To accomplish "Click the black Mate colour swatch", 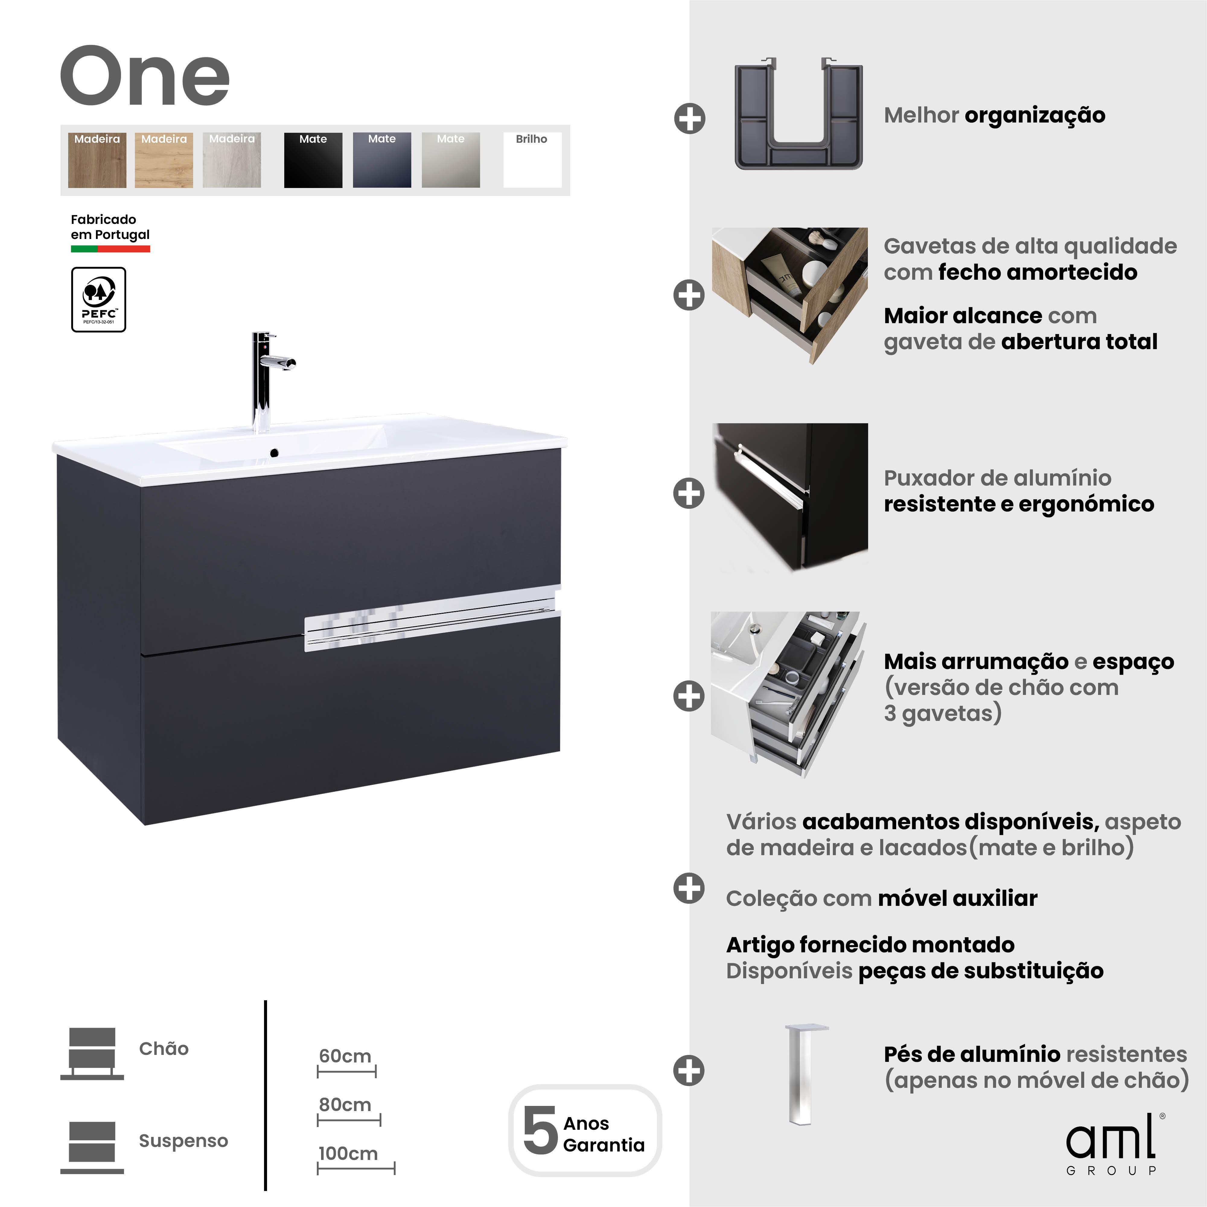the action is [x=313, y=160].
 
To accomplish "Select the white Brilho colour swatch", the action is [x=532, y=160].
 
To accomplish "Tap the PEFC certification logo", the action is [x=99, y=299].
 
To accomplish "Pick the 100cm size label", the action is [x=348, y=1153].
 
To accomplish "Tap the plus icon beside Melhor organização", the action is [x=690, y=118].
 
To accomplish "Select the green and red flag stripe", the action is [x=110, y=249].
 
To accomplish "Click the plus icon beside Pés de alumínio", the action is [x=689, y=1070].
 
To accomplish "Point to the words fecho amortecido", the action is [x=1038, y=272].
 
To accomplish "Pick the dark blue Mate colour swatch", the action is [x=382, y=160].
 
